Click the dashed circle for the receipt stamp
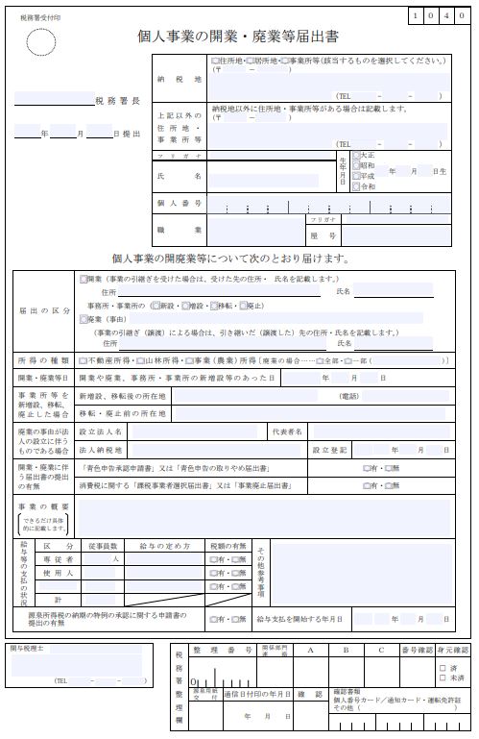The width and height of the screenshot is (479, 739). (x=41, y=41)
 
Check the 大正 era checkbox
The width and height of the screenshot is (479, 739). (x=356, y=154)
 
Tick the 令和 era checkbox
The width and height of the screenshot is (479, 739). (x=356, y=186)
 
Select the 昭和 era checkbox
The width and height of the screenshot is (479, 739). (x=356, y=164)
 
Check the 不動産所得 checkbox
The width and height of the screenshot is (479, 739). (x=83, y=359)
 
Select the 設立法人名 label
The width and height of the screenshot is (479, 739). (x=101, y=432)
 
